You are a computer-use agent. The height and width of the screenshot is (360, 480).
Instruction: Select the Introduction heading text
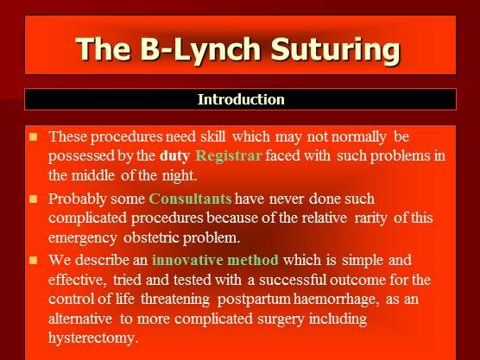pyautogui.click(x=241, y=99)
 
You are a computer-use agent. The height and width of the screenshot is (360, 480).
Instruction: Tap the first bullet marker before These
pyautogui.click(x=33, y=136)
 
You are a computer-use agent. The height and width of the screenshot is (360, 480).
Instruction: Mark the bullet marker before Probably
pyautogui.click(x=33, y=199)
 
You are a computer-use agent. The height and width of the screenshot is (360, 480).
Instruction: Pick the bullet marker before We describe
pyautogui.click(x=33, y=259)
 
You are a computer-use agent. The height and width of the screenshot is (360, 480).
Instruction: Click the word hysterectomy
pyautogui.click(x=94, y=338)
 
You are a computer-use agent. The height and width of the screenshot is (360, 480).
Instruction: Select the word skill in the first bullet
pyautogui.click(x=211, y=136)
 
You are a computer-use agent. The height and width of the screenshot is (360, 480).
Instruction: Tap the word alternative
pyautogui.click(x=85, y=319)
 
